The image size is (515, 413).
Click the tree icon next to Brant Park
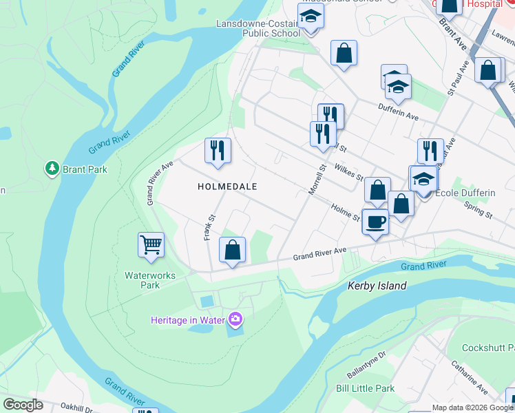tap(52, 168)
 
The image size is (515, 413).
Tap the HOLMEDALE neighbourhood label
tap(227, 187)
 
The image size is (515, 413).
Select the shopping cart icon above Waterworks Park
tap(151, 244)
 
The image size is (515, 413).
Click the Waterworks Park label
tap(149, 280)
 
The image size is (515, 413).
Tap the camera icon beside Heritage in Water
tap(236, 318)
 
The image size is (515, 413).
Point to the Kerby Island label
tap(377, 286)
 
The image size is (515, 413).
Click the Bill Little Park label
tap(365, 388)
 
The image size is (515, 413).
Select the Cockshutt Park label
tap(488, 348)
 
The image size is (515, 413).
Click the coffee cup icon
tap(375, 222)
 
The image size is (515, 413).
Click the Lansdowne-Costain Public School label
tap(258, 28)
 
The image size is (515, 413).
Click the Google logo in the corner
tap(23, 405)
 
